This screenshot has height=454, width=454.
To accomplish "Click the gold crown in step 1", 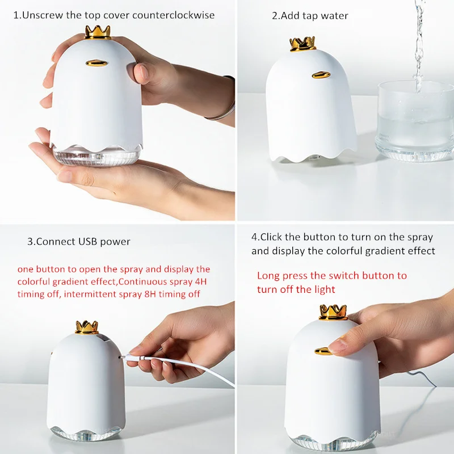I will pyautogui.click(x=98, y=32).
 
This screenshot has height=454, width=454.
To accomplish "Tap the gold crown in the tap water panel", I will pyautogui.click(x=302, y=44).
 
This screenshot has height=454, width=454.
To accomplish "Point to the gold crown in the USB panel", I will pyautogui.click(x=87, y=326).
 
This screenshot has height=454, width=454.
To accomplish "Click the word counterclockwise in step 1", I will pyautogui.click(x=173, y=15).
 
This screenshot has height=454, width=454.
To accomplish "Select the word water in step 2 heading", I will pyautogui.click(x=335, y=15).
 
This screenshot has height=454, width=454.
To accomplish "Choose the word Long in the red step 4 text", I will pyautogui.click(x=268, y=276).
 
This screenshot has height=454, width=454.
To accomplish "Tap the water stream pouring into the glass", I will pyautogui.click(x=419, y=45).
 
